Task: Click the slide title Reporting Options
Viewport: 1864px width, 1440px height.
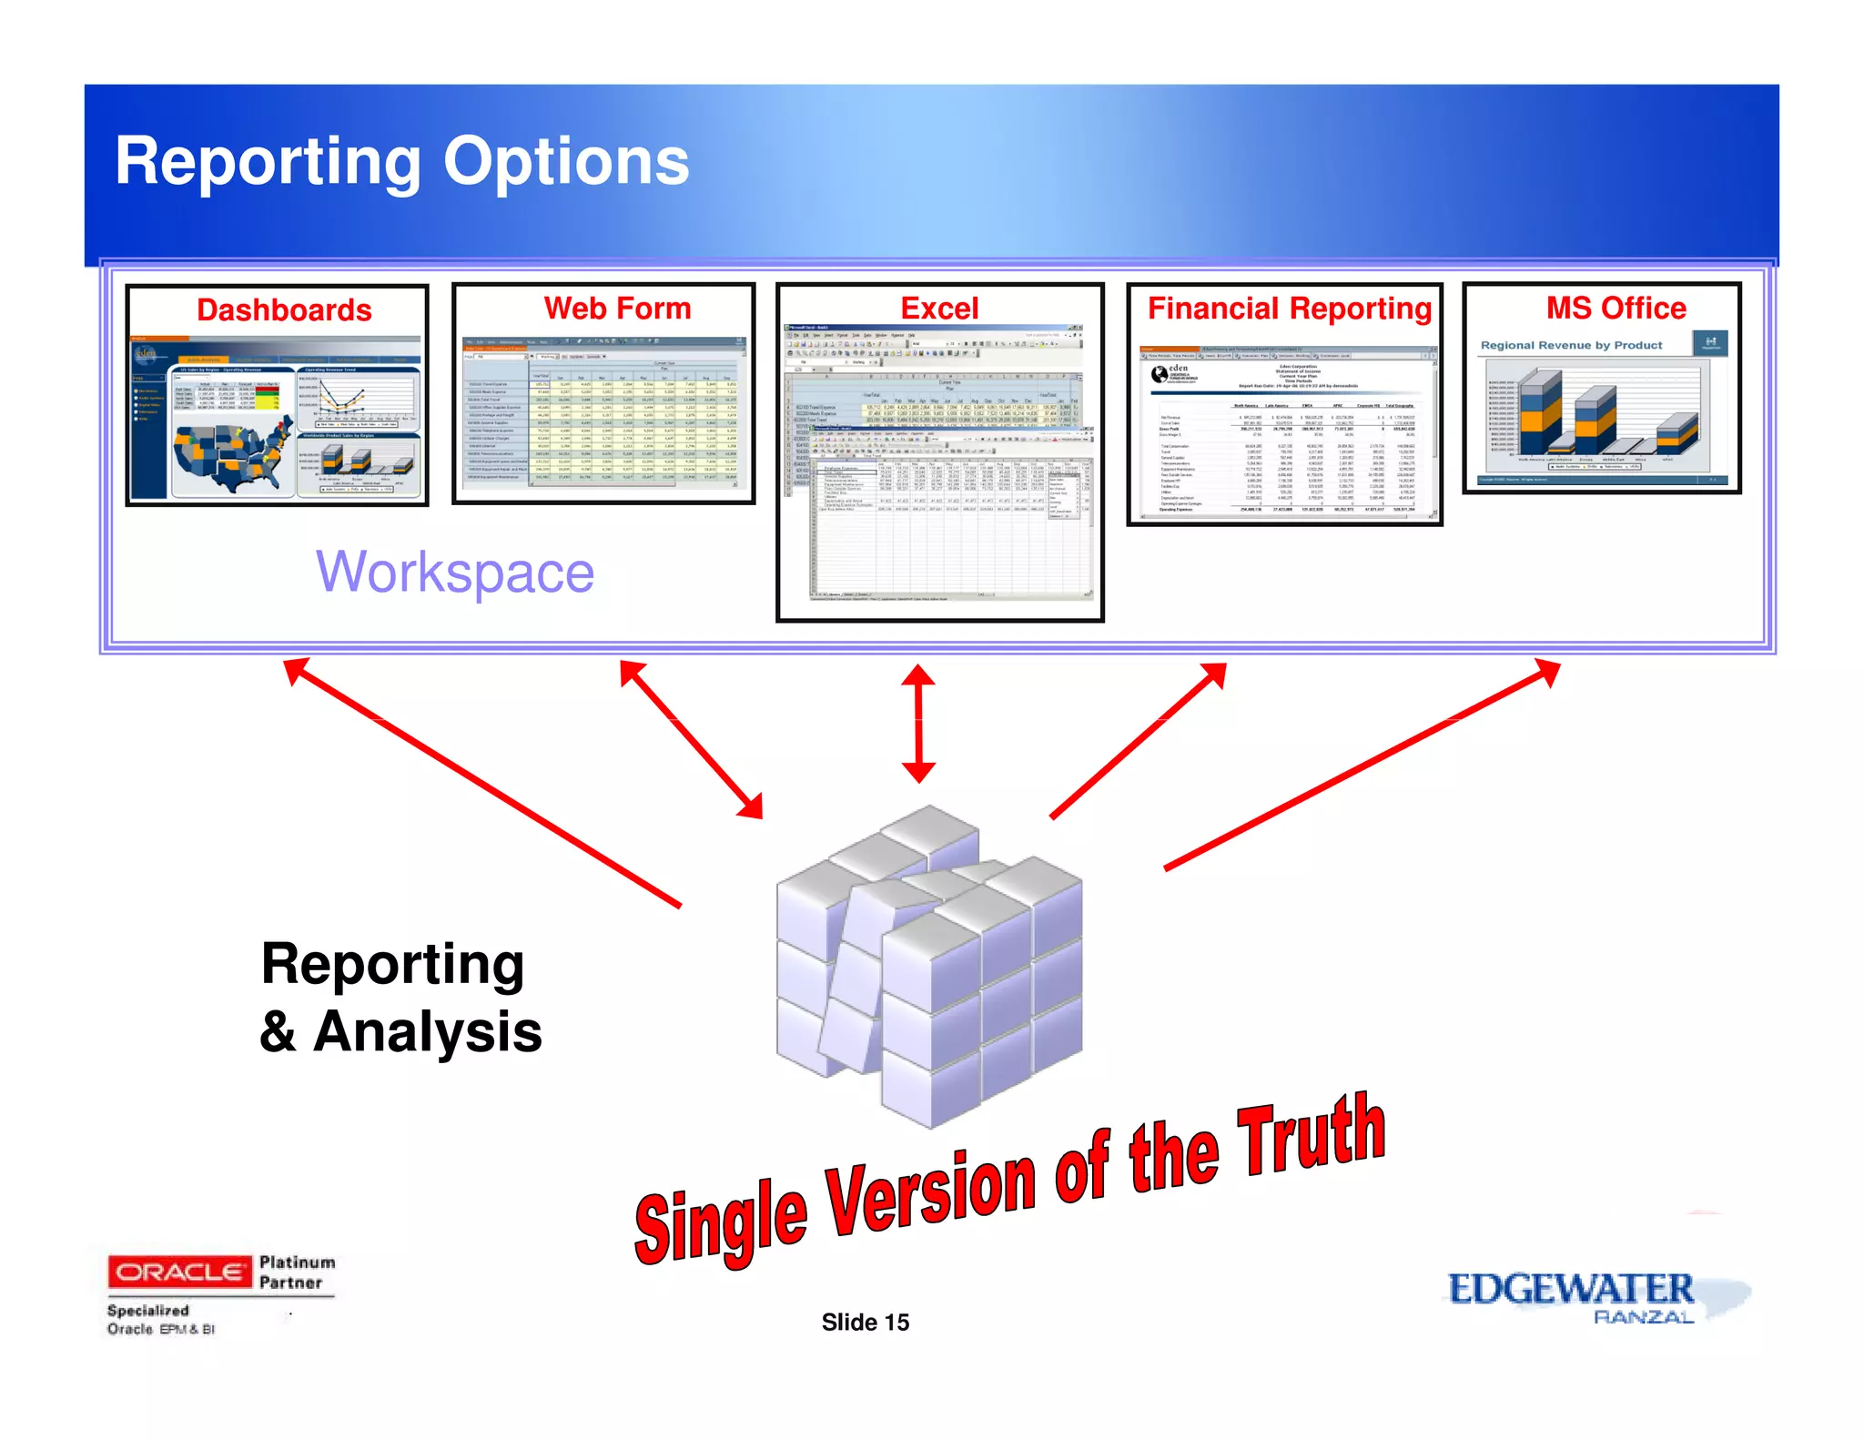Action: point(401,162)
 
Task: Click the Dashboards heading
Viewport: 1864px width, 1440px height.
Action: point(284,310)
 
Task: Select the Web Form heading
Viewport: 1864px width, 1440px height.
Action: point(617,309)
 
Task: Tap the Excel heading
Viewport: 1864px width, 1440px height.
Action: point(939,309)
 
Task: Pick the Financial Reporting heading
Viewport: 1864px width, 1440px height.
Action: point(1289,309)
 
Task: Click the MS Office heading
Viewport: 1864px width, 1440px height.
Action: point(1616,308)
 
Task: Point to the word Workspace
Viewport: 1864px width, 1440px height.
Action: point(455,573)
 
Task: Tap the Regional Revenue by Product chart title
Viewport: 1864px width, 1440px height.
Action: point(1571,345)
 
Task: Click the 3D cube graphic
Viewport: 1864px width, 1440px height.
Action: point(928,965)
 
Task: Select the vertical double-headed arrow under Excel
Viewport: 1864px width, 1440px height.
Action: point(918,724)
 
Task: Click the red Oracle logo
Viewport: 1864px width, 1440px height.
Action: point(179,1272)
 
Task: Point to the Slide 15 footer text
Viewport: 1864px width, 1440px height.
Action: point(865,1323)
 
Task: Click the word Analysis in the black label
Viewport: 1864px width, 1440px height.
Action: point(427,1032)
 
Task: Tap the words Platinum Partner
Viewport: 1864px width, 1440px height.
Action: point(296,1273)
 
